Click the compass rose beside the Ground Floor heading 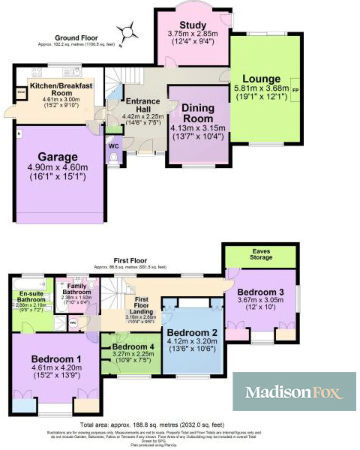pyautogui.click(x=131, y=31)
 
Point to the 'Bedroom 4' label pyautogui.click(x=133, y=347)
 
